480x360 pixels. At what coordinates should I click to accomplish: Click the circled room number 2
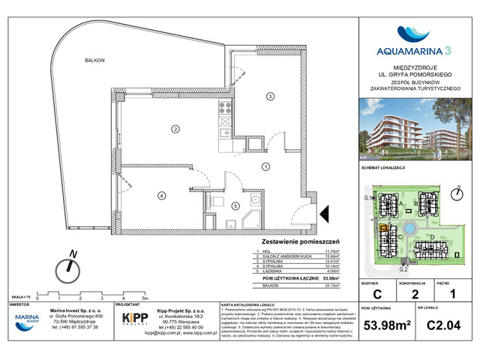pyautogui.click(x=175, y=129)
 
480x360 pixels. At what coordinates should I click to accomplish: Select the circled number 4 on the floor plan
pyautogui.click(x=161, y=196)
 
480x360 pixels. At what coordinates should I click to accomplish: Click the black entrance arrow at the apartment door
pyautogui.click(x=324, y=215)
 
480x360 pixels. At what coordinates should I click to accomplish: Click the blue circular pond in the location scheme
pyautogui.click(x=409, y=228)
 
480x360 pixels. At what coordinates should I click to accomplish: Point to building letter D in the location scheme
pyautogui.click(x=434, y=238)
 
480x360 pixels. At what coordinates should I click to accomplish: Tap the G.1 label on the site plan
pyautogui.click(x=367, y=197)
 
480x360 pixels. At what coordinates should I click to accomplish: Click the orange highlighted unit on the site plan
pyautogui.click(x=382, y=230)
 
